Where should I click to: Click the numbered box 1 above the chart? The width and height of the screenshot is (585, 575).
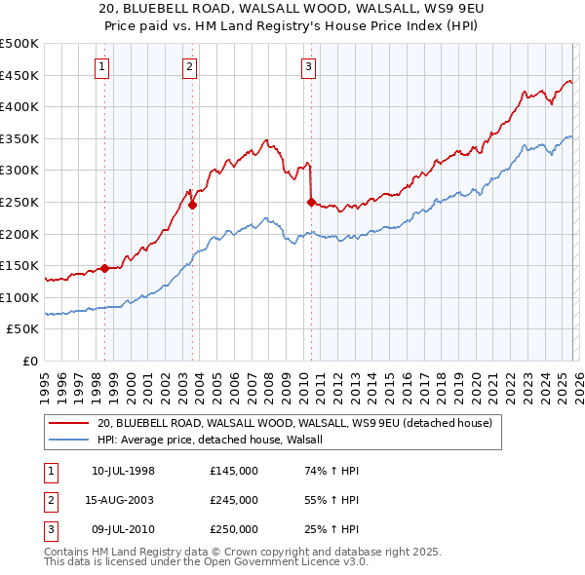point(102,66)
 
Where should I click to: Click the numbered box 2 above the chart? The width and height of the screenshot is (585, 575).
point(189,66)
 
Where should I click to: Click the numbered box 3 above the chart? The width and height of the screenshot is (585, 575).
point(308,66)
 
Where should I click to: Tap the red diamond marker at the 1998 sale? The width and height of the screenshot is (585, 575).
point(104,268)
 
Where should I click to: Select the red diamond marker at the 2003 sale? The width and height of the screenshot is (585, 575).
point(192,205)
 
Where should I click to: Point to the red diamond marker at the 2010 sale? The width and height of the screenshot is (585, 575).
point(311,202)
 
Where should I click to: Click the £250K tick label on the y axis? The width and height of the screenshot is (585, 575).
point(19,202)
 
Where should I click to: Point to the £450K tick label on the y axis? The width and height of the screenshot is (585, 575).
point(19,75)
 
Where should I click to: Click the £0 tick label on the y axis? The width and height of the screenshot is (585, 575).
point(29,361)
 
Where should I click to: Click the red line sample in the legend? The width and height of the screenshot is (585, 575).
point(68,423)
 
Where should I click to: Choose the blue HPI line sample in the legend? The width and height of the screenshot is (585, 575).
point(68,440)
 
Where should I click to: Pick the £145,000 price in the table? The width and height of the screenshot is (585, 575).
point(233,471)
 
